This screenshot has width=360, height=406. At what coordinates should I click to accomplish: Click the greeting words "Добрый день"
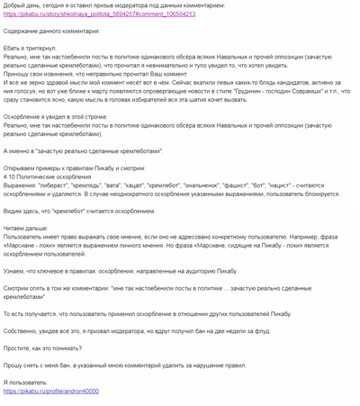22,5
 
